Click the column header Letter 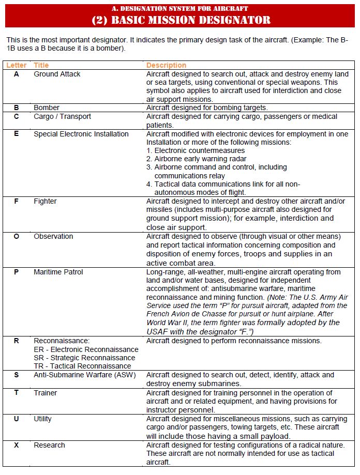(16, 65)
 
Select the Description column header (166, 65)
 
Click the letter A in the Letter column (16, 74)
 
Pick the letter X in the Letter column (16, 445)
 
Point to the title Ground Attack (57, 74)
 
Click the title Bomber (47, 108)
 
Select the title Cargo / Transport (63, 116)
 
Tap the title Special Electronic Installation (81, 134)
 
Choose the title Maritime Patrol (58, 272)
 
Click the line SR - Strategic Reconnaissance (84, 358)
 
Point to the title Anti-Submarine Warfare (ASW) (85, 375)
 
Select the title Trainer (46, 393)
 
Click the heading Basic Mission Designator (181, 20)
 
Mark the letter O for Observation (16, 236)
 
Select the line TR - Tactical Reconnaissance (82, 366)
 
